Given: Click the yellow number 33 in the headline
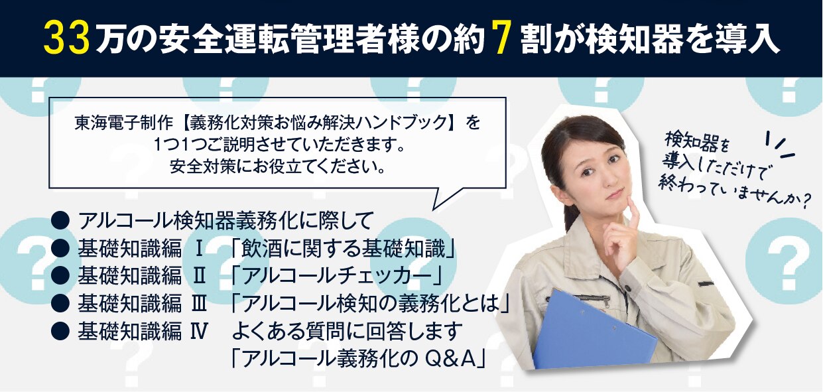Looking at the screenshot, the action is point(67,40).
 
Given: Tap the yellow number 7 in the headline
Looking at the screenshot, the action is point(501,40).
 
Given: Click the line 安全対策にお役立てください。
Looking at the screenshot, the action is point(278,167).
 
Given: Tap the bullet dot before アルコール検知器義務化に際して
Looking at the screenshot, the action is point(60,221).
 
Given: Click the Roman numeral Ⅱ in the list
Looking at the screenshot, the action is point(199,277).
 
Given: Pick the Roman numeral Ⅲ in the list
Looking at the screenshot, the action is point(199,304).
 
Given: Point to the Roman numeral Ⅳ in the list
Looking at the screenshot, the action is point(200,331).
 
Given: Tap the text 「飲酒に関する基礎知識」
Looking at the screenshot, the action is point(343,249).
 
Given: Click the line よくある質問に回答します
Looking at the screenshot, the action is point(346,331).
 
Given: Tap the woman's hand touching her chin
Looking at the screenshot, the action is point(625,231).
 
